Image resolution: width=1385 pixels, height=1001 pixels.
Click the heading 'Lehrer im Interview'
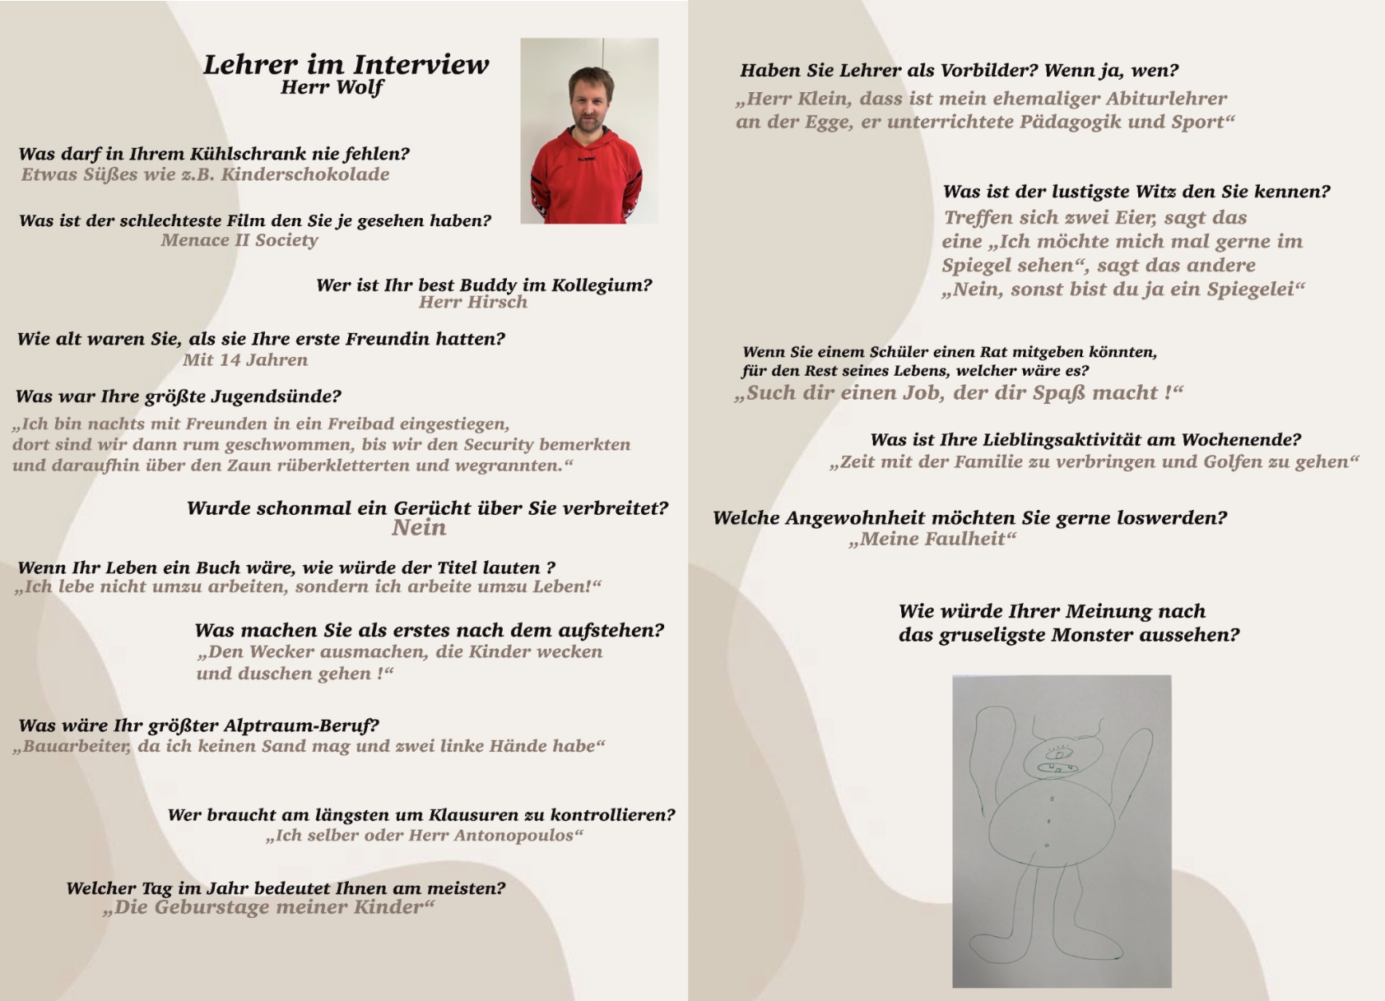346,64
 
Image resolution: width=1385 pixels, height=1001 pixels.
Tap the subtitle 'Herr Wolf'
332,87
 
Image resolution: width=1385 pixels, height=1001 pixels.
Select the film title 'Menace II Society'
239,240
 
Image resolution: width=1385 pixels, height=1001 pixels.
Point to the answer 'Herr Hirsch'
473,302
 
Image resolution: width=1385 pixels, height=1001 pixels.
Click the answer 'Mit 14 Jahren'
245,359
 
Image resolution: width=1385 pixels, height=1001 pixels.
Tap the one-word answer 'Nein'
419,528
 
